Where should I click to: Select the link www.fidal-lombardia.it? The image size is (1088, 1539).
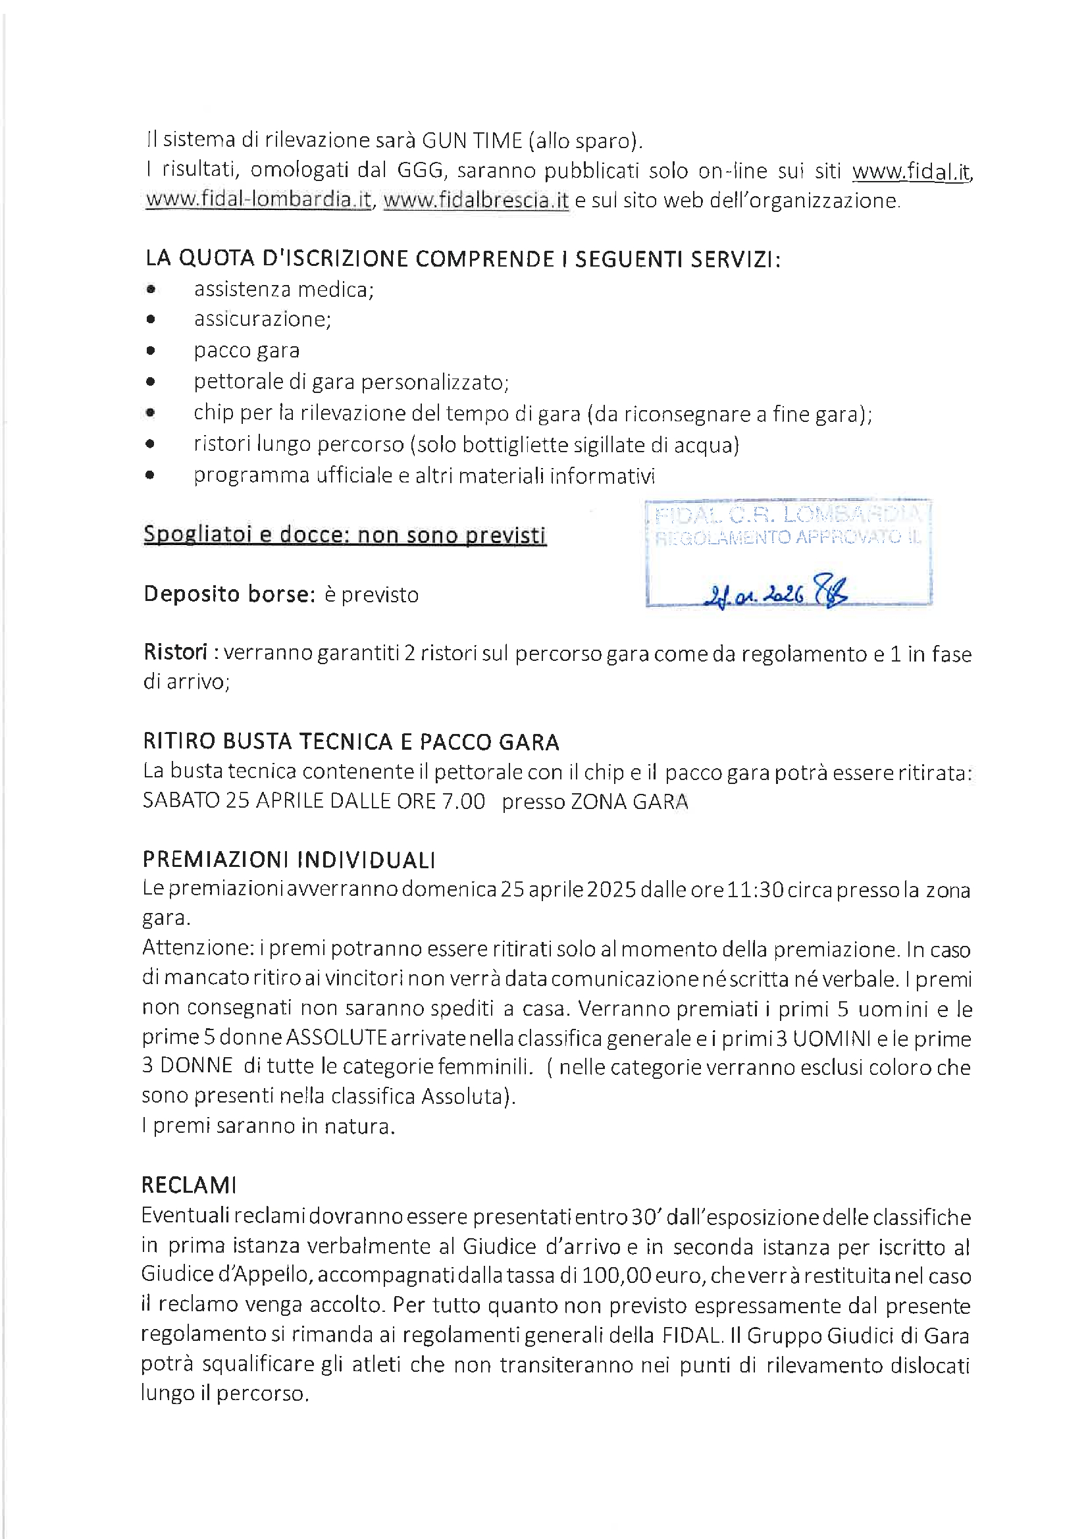(259, 199)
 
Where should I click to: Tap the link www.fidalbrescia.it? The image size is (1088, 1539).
(476, 199)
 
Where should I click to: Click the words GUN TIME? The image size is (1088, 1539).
(471, 140)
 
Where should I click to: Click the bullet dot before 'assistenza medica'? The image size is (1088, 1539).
(151, 290)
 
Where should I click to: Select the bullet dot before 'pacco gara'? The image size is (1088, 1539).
(151, 351)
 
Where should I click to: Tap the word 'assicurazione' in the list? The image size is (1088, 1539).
(262, 319)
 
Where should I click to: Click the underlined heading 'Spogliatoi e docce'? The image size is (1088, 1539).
(345, 535)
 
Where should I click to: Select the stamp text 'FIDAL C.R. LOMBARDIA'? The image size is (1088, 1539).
(787, 515)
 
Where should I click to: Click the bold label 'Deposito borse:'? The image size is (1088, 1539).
(228, 594)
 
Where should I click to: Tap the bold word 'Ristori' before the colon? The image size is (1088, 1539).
(176, 652)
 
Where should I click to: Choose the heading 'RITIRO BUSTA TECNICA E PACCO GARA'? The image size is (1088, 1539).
(351, 742)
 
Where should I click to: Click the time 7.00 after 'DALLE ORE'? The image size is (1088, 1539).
(463, 801)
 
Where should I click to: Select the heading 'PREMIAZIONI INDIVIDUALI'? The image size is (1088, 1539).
(289, 860)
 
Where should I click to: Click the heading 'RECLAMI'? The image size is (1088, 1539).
(188, 1186)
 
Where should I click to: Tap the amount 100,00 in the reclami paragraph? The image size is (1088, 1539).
(616, 1276)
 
